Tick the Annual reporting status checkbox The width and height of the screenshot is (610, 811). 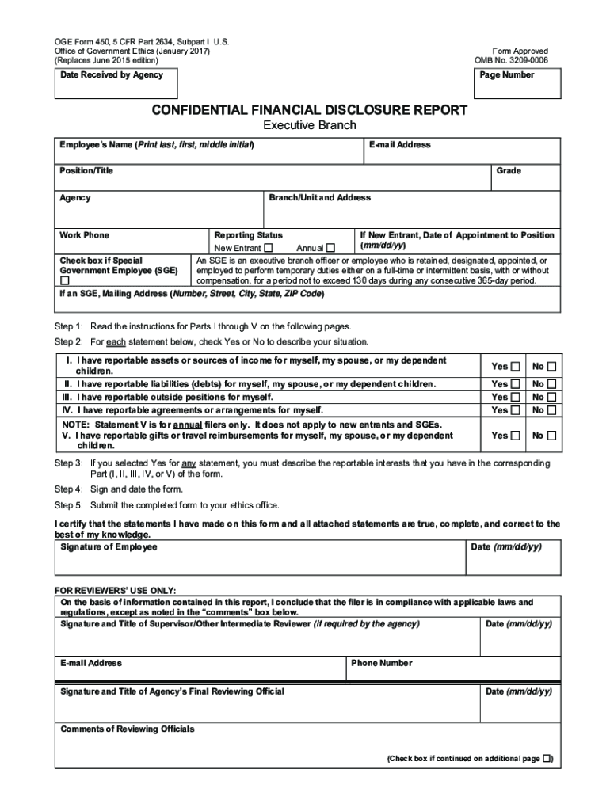(x=330, y=248)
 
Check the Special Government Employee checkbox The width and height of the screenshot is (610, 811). (x=65, y=280)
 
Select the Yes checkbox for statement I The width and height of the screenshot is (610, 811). (x=516, y=366)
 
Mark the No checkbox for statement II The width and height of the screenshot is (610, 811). (x=551, y=384)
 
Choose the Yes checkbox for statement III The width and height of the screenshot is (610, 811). (x=516, y=397)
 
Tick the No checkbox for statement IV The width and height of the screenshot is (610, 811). (x=551, y=409)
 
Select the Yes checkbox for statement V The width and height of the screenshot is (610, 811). (x=516, y=436)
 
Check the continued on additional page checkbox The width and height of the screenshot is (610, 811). (x=547, y=758)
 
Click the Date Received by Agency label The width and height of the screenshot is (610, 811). (x=112, y=75)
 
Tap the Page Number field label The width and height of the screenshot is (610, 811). (x=507, y=75)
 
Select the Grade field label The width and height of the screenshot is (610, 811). (x=509, y=171)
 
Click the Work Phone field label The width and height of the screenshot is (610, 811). (x=85, y=235)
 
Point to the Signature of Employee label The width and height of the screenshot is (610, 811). (x=109, y=547)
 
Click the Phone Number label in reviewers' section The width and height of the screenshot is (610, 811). (x=381, y=663)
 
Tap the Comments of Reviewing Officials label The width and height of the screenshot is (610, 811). (x=128, y=729)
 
